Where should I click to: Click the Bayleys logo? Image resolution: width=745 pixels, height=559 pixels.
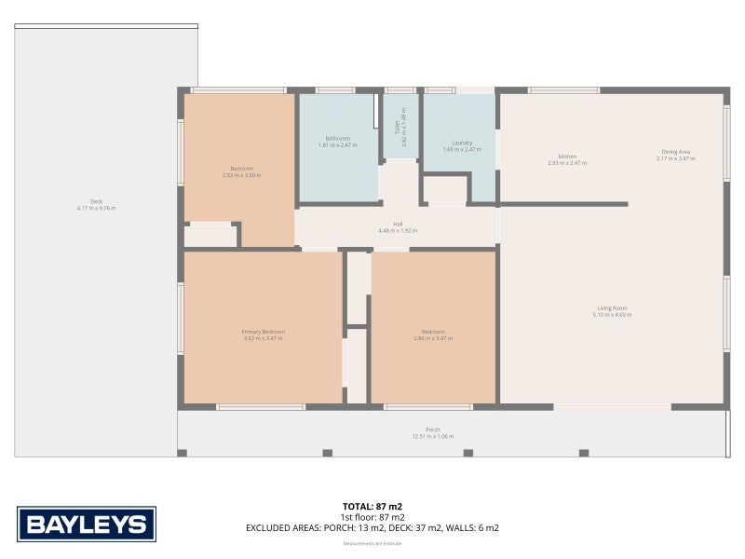pos(87,524)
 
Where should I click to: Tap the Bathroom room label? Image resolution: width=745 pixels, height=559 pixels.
pos(336,139)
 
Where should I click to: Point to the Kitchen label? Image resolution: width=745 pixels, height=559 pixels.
pos(567,157)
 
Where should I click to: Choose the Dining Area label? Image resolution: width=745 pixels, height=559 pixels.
pos(675,152)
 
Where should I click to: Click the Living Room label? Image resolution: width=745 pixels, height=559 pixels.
pos(612,308)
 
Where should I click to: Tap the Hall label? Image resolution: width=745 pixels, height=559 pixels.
pos(398,225)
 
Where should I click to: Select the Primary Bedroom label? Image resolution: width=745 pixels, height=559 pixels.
pos(263,332)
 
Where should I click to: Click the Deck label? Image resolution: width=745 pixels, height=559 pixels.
pos(96,201)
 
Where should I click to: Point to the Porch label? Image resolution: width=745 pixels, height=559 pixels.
pos(433,429)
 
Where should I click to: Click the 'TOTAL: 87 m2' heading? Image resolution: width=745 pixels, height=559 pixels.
pos(372,506)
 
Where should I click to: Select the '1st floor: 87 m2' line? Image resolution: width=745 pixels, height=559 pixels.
pos(372,517)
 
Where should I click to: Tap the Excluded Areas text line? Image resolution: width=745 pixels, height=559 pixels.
pos(372,528)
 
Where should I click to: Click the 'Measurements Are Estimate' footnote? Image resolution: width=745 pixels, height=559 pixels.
pos(372,542)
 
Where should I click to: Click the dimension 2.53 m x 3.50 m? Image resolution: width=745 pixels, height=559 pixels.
pos(241,175)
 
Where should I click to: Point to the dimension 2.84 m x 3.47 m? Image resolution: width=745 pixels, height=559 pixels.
pos(432,338)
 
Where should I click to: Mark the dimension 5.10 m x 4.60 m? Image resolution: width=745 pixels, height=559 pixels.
pos(612,315)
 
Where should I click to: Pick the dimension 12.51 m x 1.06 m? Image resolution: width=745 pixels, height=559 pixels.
pos(433,436)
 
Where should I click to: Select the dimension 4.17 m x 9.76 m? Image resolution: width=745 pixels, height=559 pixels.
pos(96,208)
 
